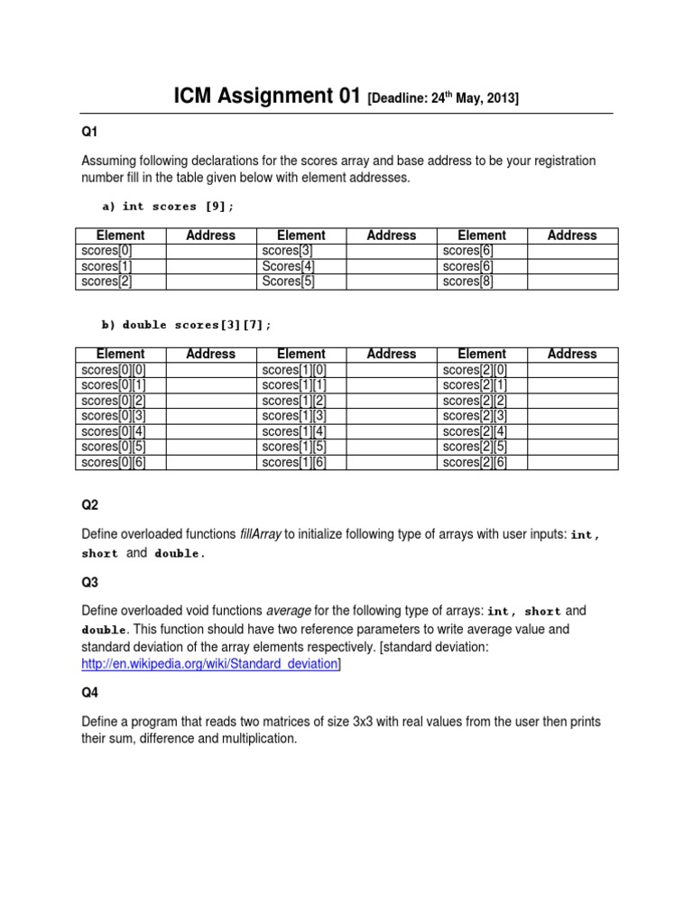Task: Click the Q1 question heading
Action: (89, 132)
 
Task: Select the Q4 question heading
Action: (89, 694)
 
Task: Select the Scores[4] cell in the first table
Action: (288, 266)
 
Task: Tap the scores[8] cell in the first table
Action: (468, 282)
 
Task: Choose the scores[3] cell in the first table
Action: (288, 251)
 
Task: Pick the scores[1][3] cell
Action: (294, 416)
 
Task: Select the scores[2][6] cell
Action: (475, 463)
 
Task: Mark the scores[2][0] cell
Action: (475, 370)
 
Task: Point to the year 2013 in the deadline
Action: (500, 99)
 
